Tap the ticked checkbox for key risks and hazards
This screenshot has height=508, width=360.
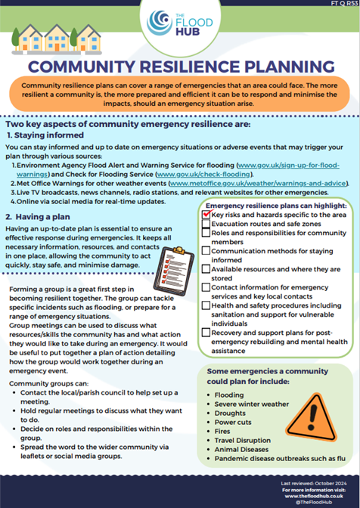(206, 215)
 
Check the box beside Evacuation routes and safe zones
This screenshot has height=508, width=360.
(206, 225)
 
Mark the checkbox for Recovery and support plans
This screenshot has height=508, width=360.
(206, 332)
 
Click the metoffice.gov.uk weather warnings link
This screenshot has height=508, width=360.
(258, 183)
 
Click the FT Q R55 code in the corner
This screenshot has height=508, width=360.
(340, 5)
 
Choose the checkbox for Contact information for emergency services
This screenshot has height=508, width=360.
(206, 288)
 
